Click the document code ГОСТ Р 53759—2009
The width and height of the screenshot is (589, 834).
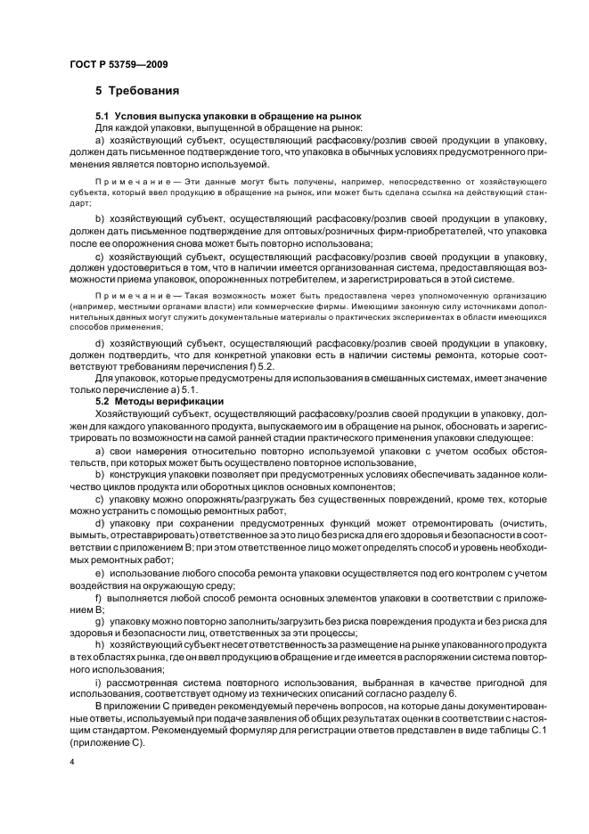(118, 64)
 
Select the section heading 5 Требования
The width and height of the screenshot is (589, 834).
(138, 91)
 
